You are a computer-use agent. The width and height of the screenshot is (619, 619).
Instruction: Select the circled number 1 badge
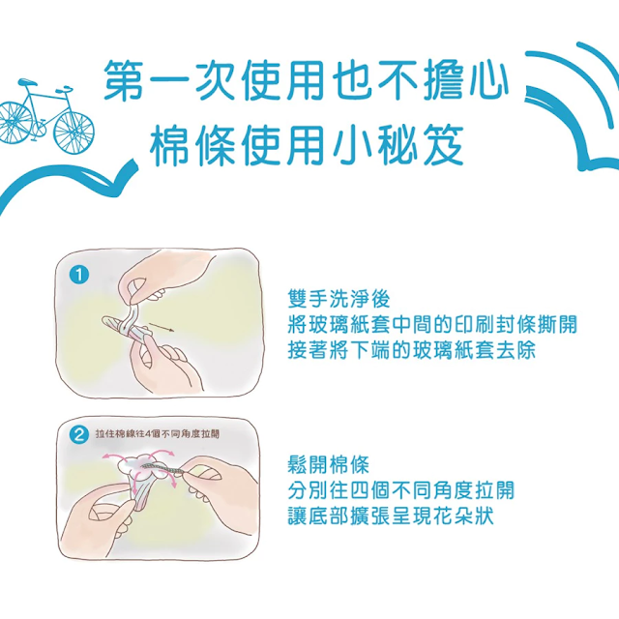[x=79, y=275]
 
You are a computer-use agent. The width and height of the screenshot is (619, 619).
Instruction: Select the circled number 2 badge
[x=79, y=435]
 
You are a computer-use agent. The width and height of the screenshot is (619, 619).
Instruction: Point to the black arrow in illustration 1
[x=162, y=327]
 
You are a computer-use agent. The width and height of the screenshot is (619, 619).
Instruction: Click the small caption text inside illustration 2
[x=157, y=434]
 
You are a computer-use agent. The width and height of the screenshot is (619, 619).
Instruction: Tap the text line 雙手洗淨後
[x=339, y=299]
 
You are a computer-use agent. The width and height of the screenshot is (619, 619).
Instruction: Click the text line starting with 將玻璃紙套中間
[x=432, y=325]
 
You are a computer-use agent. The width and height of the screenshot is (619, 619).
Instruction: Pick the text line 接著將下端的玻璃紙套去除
[x=412, y=350]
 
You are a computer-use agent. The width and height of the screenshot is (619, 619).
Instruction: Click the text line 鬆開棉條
[x=329, y=464]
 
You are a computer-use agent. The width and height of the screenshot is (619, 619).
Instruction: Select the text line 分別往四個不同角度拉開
[x=401, y=490]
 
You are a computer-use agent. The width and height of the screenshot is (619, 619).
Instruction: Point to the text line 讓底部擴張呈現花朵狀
[x=391, y=516]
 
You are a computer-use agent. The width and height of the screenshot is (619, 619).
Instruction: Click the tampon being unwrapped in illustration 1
[x=124, y=327]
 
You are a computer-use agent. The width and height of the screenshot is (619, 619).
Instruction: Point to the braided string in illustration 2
[x=162, y=467]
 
